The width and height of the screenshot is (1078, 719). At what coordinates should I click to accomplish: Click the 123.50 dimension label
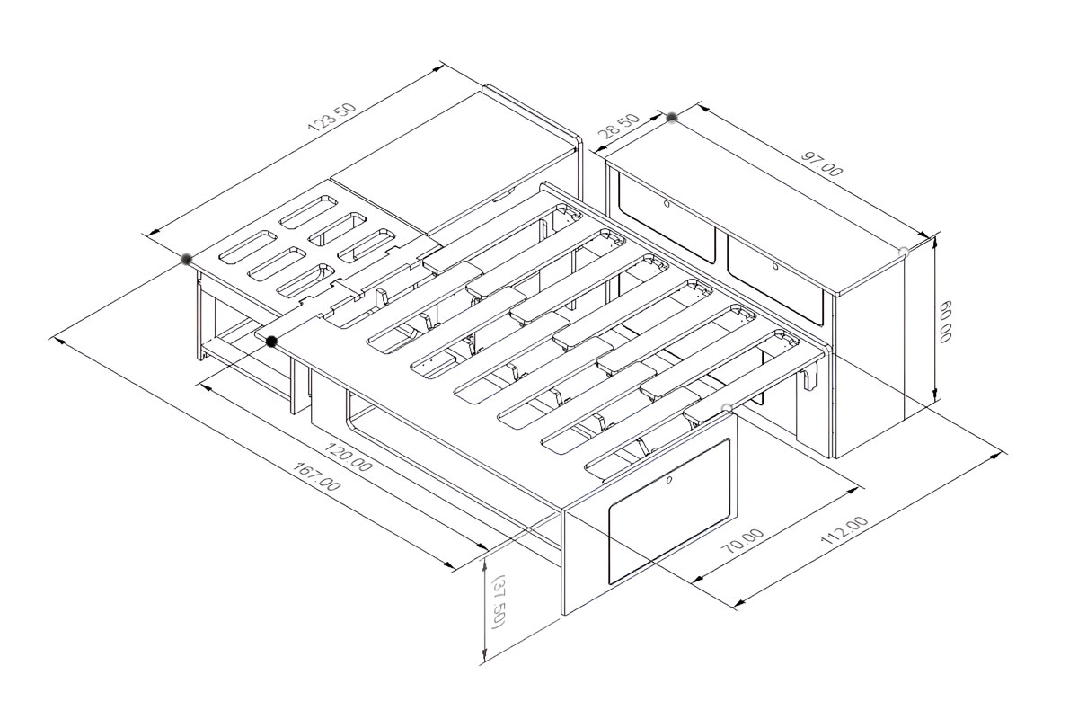pos(332,117)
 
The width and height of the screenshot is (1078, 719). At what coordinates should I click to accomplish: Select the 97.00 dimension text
pos(822,164)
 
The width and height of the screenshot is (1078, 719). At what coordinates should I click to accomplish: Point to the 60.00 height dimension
pos(945,321)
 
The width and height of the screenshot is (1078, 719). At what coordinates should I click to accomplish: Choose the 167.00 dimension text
pos(316,476)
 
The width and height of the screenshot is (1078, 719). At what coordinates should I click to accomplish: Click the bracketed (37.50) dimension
pos(497,600)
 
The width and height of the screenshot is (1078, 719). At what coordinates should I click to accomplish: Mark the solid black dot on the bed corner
pos(271,342)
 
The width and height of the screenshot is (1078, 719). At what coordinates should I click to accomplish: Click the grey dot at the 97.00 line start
pos(672,117)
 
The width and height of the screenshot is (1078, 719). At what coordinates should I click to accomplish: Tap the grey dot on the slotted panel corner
pos(186,259)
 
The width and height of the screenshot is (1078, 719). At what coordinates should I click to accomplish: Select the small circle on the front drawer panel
pos(669,480)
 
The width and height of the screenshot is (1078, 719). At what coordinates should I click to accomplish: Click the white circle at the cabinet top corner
pos(904,252)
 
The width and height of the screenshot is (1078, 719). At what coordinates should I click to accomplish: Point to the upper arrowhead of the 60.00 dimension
pos(935,243)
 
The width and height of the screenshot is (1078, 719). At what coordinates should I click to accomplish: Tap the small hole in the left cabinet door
pos(667,204)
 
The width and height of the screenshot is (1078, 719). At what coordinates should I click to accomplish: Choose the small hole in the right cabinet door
pos(774,266)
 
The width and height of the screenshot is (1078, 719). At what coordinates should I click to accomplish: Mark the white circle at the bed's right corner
pos(727,409)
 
